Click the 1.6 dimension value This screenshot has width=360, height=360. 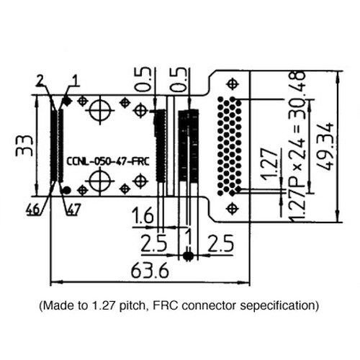coord(143,215)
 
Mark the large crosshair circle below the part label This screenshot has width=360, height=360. coord(99,182)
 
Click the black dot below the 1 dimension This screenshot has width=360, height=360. coord(188,256)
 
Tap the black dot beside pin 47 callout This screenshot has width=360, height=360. coord(67,189)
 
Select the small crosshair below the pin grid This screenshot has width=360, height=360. coord(231,208)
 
